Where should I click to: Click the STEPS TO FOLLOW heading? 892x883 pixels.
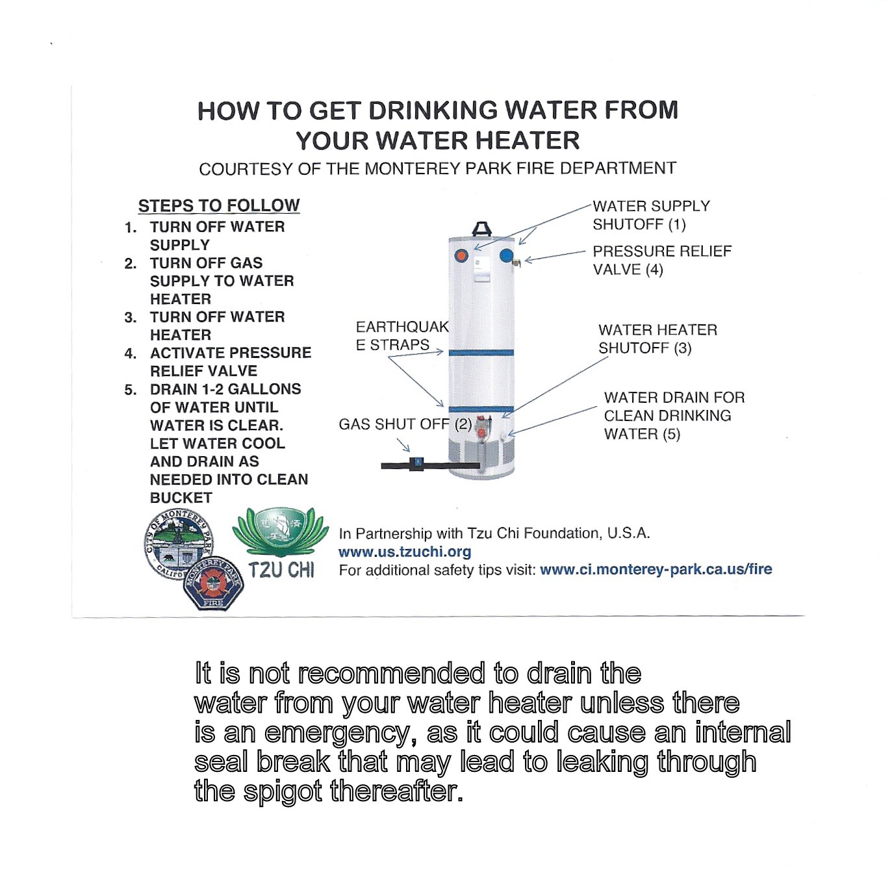point(218,205)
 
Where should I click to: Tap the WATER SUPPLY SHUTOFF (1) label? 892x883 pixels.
point(650,215)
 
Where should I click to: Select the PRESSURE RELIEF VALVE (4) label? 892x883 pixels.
point(661,260)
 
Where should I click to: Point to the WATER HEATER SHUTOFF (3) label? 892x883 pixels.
point(657,339)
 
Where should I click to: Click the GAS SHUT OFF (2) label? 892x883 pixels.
point(405,424)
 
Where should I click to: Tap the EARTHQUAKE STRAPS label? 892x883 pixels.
point(401,335)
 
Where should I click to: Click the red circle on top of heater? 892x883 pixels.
point(461,255)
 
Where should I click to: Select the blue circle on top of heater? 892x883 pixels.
point(506,255)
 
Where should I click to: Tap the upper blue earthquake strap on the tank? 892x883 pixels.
point(481,353)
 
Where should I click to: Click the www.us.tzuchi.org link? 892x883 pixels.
point(405,552)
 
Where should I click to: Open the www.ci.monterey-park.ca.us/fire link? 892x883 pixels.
point(656,569)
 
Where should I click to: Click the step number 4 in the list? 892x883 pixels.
point(130,353)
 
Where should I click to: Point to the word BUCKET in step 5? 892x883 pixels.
point(181,498)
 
